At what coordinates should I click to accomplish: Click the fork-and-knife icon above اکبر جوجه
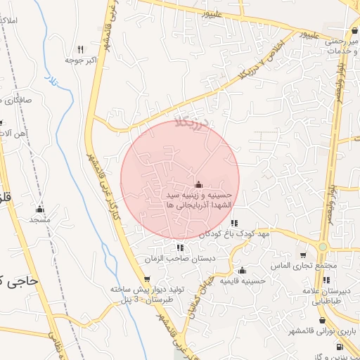(x=80, y=50)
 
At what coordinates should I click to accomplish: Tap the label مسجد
(x=40, y=220)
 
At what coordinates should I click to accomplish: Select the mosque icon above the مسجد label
(x=40, y=210)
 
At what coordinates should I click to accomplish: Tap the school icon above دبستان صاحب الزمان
(x=180, y=247)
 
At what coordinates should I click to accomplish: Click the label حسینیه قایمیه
(x=243, y=281)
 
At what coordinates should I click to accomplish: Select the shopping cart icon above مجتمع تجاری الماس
(x=302, y=255)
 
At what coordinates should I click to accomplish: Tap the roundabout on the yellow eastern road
(x=323, y=247)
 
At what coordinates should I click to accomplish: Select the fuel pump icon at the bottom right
(x=340, y=347)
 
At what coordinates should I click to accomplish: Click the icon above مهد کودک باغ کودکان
(x=234, y=223)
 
